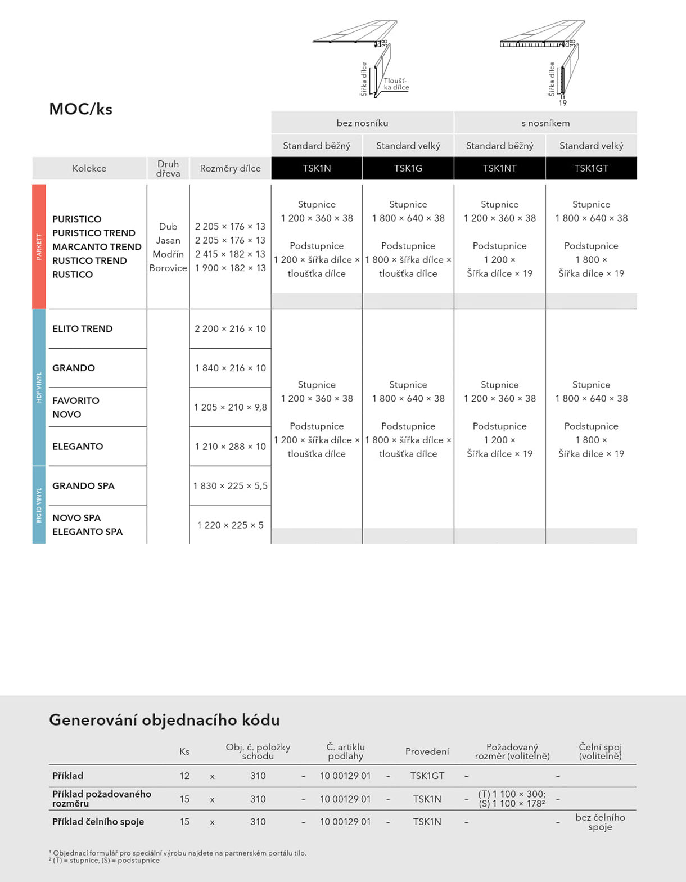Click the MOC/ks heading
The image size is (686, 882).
click(x=80, y=109)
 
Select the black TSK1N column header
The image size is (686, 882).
click(x=317, y=168)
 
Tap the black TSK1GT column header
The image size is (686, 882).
click(x=591, y=168)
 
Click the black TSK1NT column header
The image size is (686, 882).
click(x=499, y=168)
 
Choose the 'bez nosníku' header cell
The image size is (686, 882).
click(x=362, y=123)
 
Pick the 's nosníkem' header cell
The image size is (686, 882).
click(x=545, y=123)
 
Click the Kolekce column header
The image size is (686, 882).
click(x=89, y=168)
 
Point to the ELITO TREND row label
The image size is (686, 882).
click(x=82, y=328)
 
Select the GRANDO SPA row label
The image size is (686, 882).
click(x=83, y=485)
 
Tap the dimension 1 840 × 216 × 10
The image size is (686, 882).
click(x=230, y=368)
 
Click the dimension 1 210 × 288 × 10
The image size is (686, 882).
click(x=230, y=447)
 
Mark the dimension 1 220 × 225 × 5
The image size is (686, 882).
click(x=230, y=525)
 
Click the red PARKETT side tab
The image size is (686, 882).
click(x=39, y=246)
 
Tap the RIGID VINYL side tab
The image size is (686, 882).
click(x=39, y=505)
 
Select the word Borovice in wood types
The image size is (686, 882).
click(x=168, y=268)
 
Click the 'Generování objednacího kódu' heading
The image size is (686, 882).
click(x=164, y=719)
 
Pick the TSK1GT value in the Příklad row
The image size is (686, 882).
click(x=427, y=776)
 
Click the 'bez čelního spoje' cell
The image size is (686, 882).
click(x=600, y=822)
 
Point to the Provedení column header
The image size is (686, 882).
click(x=427, y=751)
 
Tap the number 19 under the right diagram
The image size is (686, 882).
click(x=562, y=103)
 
